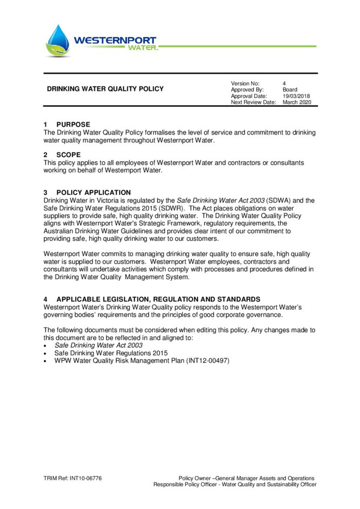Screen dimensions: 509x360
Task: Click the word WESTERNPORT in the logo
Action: tap(115, 40)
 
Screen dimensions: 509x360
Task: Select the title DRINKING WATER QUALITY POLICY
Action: tap(105, 89)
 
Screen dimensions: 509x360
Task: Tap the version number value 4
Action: tap(284, 83)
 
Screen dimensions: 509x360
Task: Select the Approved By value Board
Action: tap(290, 89)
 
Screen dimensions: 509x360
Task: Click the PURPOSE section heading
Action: tap(73, 125)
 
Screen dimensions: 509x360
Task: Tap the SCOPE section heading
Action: tap(68, 155)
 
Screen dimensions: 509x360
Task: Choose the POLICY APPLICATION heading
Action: tap(93, 192)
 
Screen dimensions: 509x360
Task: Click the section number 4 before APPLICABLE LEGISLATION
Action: tap(45, 299)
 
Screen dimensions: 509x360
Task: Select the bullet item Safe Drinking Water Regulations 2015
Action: tap(111, 353)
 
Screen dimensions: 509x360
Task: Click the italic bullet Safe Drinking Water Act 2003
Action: tap(98, 345)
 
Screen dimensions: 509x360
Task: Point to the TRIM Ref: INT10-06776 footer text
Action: tap(73, 478)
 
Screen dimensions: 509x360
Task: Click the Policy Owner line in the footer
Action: tap(246, 478)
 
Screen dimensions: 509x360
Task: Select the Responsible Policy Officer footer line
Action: tap(234, 484)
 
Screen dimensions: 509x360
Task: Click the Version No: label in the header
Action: tap(245, 83)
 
